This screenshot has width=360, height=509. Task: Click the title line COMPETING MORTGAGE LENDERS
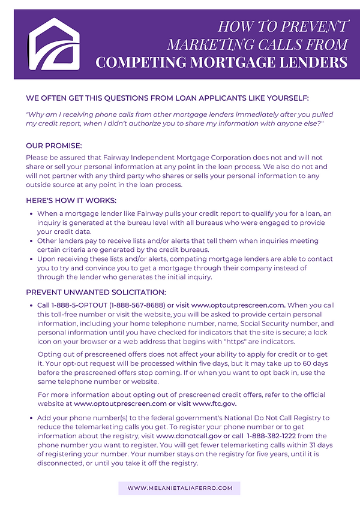221,62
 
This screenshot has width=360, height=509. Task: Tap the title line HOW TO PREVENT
282,26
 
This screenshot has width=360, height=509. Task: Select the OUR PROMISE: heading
54,146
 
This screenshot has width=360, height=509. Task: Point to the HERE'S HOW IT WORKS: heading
71,201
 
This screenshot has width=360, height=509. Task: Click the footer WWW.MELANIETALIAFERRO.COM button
179,489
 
